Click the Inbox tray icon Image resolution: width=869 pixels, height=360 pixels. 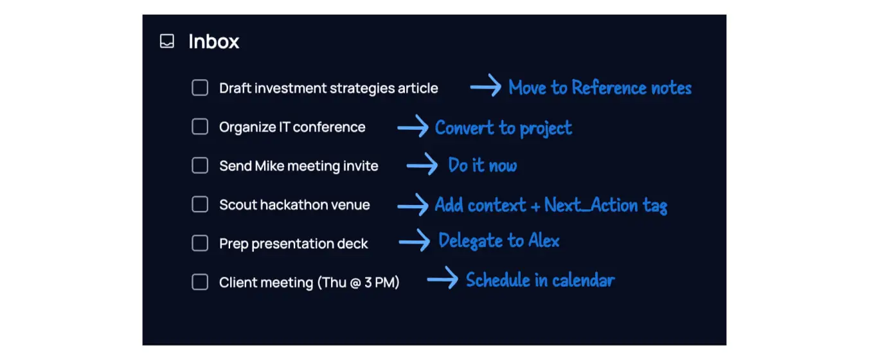(167, 42)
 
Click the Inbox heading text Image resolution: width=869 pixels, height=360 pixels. (213, 42)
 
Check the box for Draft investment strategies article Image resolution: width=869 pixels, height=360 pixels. (200, 88)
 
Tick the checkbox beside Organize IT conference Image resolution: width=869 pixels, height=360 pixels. (200, 127)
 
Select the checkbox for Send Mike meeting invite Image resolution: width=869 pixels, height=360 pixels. (200, 166)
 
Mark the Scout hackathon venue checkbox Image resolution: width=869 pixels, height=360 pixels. (200, 205)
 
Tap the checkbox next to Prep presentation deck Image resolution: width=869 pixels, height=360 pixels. (200, 244)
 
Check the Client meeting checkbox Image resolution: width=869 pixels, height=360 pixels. (200, 282)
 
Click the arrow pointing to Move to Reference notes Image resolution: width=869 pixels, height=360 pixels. (485, 86)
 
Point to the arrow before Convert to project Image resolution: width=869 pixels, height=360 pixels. (413, 127)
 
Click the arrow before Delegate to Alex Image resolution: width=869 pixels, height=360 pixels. (415, 241)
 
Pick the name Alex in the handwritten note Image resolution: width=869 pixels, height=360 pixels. (544, 241)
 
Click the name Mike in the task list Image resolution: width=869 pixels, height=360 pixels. (269, 166)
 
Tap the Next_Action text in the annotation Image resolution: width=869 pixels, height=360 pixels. (591, 205)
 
